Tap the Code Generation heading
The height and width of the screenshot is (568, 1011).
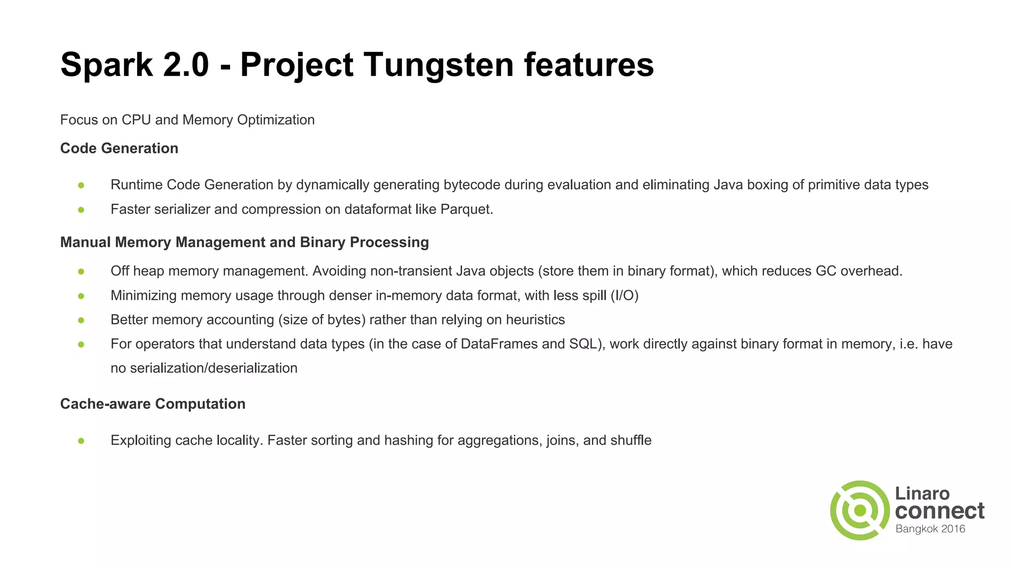pos(119,148)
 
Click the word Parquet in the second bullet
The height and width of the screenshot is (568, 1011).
pos(466,210)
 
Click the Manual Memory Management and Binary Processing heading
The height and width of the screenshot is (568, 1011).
pos(244,243)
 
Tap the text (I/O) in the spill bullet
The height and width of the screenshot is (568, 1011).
pos(624,296)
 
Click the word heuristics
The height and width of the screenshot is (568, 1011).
pos(535,320)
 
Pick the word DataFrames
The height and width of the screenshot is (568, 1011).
pos(499,344)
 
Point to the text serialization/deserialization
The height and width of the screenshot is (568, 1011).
pos(213,368)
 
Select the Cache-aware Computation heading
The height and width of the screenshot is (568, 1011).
pos(153,404)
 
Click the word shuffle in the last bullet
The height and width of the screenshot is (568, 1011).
pos(631,440)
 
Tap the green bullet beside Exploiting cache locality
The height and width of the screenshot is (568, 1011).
pos(81,441)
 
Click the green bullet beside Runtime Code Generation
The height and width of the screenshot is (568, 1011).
pos(81,185)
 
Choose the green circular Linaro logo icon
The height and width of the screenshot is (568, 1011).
pos(859,510)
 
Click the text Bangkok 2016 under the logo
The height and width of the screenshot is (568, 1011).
pos(930,529)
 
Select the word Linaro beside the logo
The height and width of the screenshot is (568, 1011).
pos(922,494)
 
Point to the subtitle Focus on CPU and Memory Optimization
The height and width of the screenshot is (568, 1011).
pos(187,120)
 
